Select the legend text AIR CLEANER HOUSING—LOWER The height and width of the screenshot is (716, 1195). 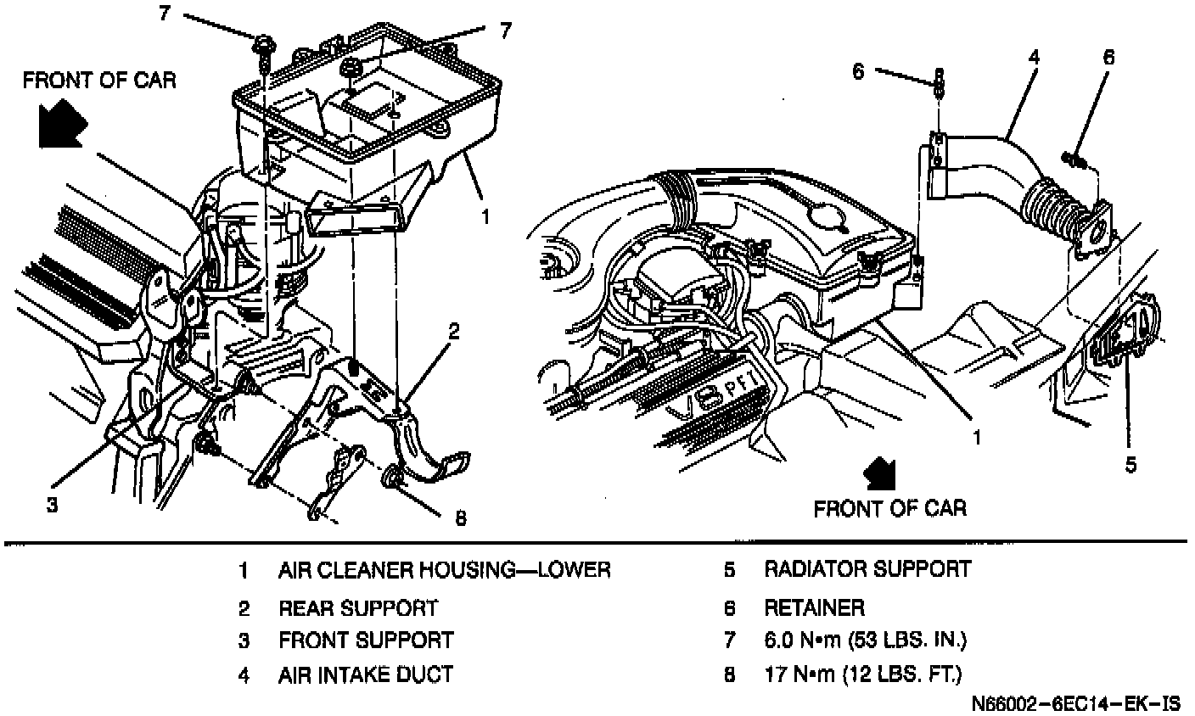444,569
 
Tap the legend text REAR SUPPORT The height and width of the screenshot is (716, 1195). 358,608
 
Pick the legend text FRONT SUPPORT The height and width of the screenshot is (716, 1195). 366,640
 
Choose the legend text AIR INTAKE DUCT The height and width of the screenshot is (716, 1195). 366,675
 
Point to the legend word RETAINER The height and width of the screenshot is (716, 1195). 814,607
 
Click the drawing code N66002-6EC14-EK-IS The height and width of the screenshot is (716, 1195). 1076,704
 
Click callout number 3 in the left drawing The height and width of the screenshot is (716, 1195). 52,505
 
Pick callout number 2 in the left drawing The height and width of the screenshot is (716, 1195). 454,332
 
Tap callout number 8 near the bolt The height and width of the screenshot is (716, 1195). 460,517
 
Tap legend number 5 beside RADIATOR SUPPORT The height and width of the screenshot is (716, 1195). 728,569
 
